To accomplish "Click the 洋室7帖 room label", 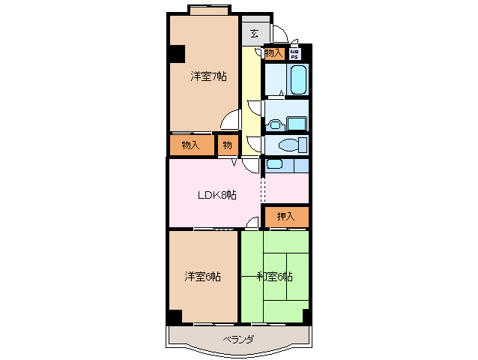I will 208,76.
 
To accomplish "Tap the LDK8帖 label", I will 217,195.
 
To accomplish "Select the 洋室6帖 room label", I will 203,277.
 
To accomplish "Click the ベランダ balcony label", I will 238,340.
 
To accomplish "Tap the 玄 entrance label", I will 255,34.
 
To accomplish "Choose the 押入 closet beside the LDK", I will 285,216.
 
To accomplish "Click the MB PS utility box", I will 294,54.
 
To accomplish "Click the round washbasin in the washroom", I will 275,124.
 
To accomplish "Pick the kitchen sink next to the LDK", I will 275,164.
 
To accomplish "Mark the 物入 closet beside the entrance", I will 273,53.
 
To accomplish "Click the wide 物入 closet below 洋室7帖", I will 190,145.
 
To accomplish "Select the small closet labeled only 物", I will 227,145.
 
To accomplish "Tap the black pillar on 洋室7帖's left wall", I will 177,55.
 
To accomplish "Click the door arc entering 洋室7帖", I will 232,121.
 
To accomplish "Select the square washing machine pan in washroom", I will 297,124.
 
